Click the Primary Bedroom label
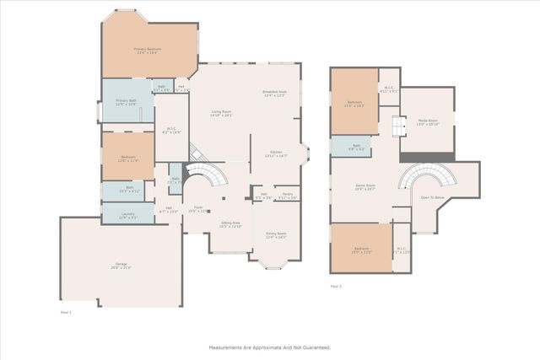pos(148,50)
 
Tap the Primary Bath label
pos(127,101)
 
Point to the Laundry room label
pos(127,216)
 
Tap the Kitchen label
pos(276,153)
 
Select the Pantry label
pos(287,195)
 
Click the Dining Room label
pos(276,235)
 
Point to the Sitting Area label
pos(230,223)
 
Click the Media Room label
pos(428,121)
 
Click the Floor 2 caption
pos(336,287)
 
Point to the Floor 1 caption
pos(65,312)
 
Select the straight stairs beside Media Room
pos(393,126)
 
